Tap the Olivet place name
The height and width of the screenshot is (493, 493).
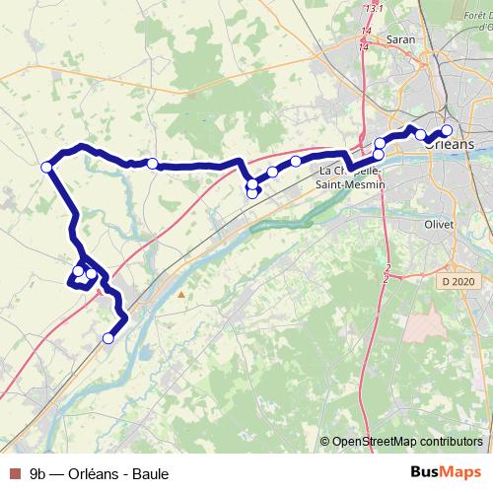(x=438, y=224)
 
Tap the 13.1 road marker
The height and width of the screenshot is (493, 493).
(x=374, y=8)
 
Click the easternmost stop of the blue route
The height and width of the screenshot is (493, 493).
(x=446, y=130)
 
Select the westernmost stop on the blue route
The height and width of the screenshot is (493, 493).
(x=45, y=167)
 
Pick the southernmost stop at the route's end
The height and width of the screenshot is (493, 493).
(x=108, y=338)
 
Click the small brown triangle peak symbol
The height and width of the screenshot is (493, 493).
(x=181, y=293)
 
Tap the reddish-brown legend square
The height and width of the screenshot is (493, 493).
(x=14, y=473)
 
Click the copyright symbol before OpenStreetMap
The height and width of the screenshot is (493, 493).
(x=326, y=442)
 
